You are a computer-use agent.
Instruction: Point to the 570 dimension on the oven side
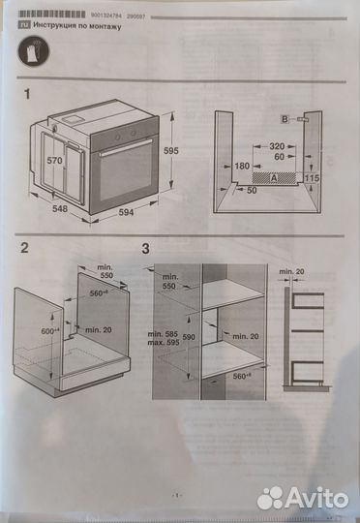55,160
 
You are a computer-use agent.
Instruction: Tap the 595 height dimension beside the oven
170,150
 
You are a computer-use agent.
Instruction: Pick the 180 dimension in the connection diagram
242,167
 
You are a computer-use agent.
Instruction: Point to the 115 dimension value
313,179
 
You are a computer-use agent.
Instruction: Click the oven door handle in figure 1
127,143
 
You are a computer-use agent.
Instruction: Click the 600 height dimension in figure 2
48,329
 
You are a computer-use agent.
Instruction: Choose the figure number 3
145,249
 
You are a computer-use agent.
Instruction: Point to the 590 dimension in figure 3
190,336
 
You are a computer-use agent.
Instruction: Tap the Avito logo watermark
301,497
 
